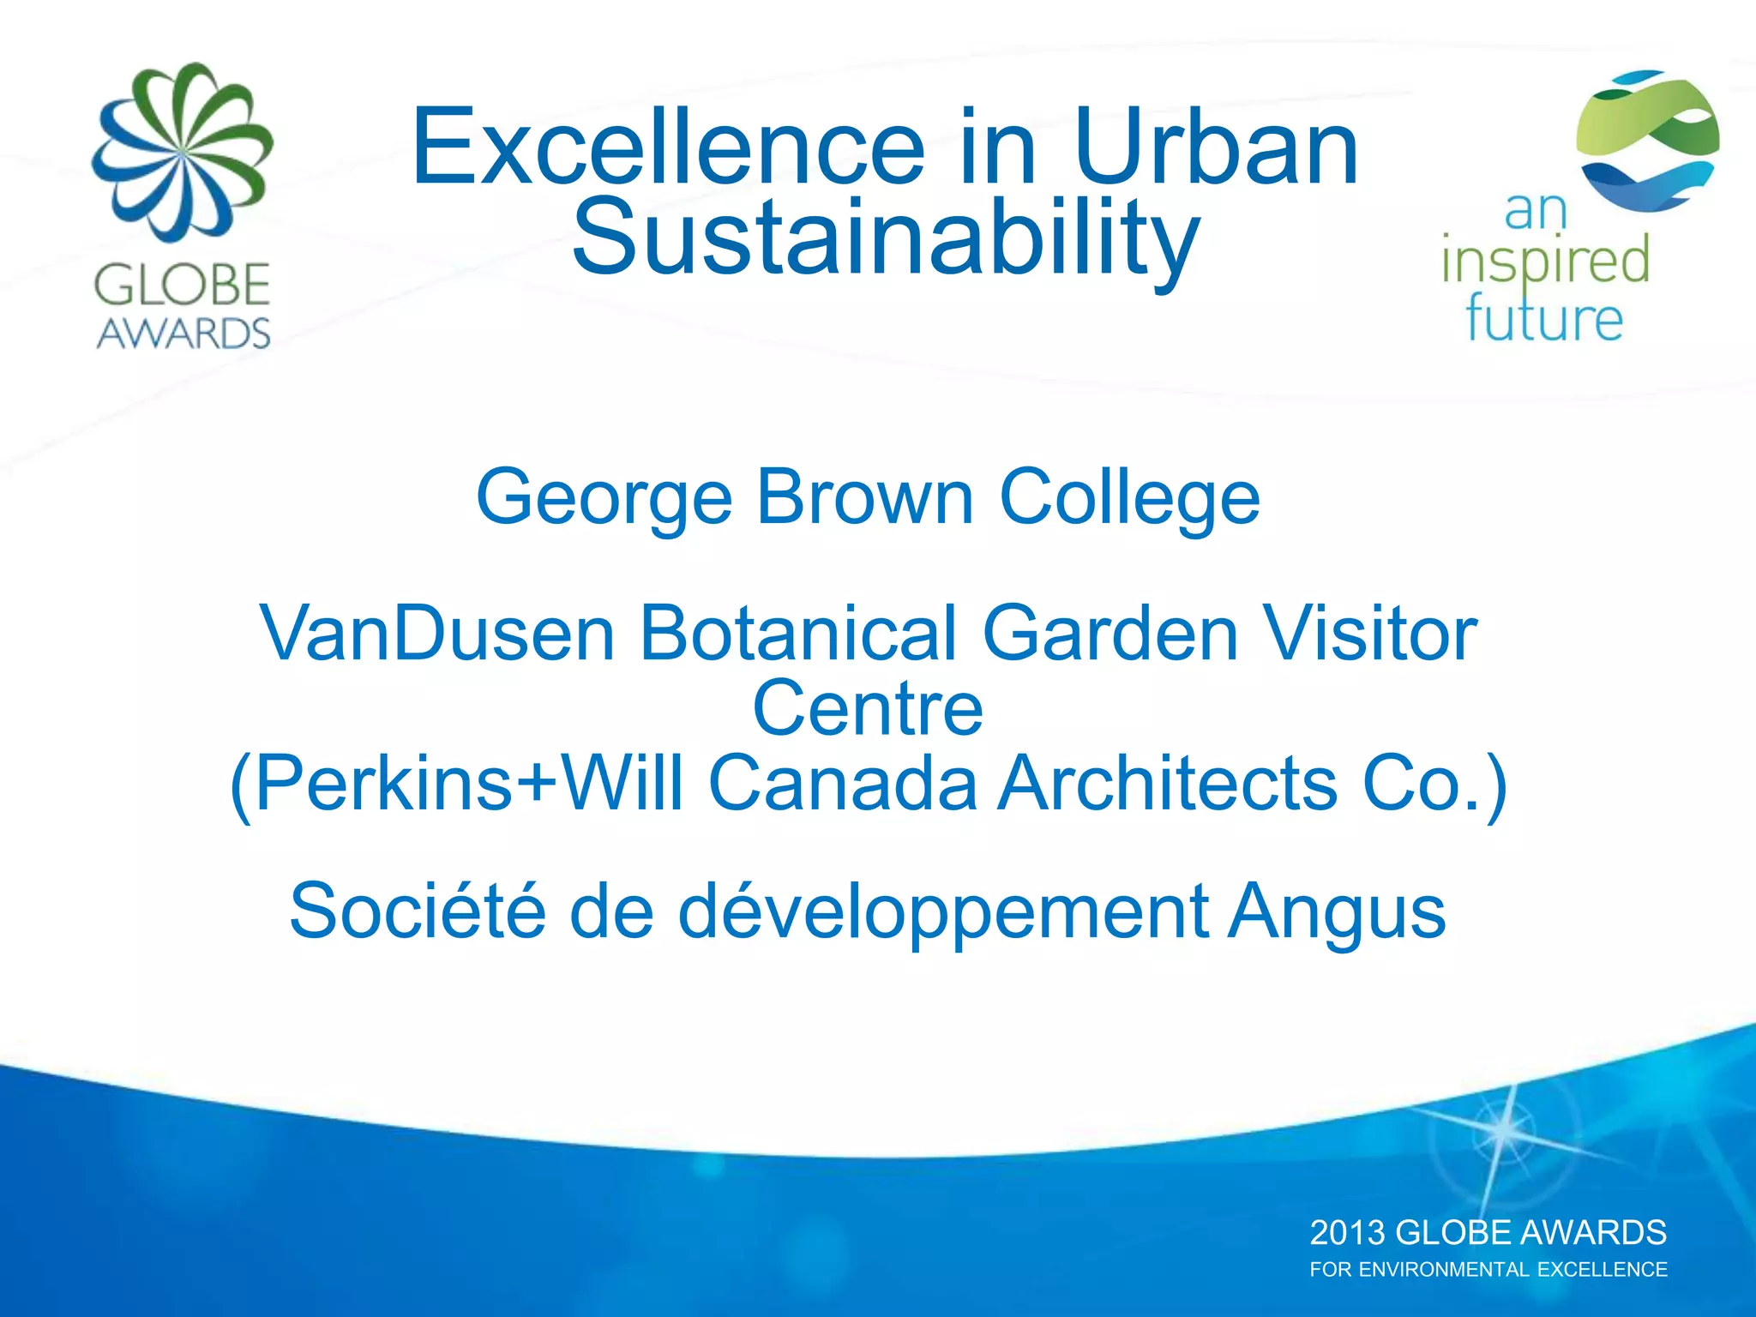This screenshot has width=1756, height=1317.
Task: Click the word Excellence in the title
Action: point(669,147)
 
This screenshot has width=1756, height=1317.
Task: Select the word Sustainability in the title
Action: point(885,238)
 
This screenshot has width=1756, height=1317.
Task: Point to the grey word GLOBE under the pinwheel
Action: point(183,286)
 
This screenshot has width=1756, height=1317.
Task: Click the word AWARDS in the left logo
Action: point(183,334)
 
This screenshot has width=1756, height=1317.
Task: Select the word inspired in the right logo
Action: point(1545,261)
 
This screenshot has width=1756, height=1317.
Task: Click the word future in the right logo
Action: point(1544,319)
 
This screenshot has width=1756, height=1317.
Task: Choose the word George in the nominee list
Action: point(604,497)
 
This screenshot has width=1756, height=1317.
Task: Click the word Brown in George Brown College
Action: point(865,497)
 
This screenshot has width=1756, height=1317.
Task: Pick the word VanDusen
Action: point(437,634)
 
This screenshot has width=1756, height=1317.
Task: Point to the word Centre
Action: point(868,708)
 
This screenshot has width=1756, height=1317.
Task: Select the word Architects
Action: point(1167,783)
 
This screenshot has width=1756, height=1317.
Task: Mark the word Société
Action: point(418,911)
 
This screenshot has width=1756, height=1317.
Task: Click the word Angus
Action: point(1337,912)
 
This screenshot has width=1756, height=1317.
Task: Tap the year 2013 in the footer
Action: point(1347,1233)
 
